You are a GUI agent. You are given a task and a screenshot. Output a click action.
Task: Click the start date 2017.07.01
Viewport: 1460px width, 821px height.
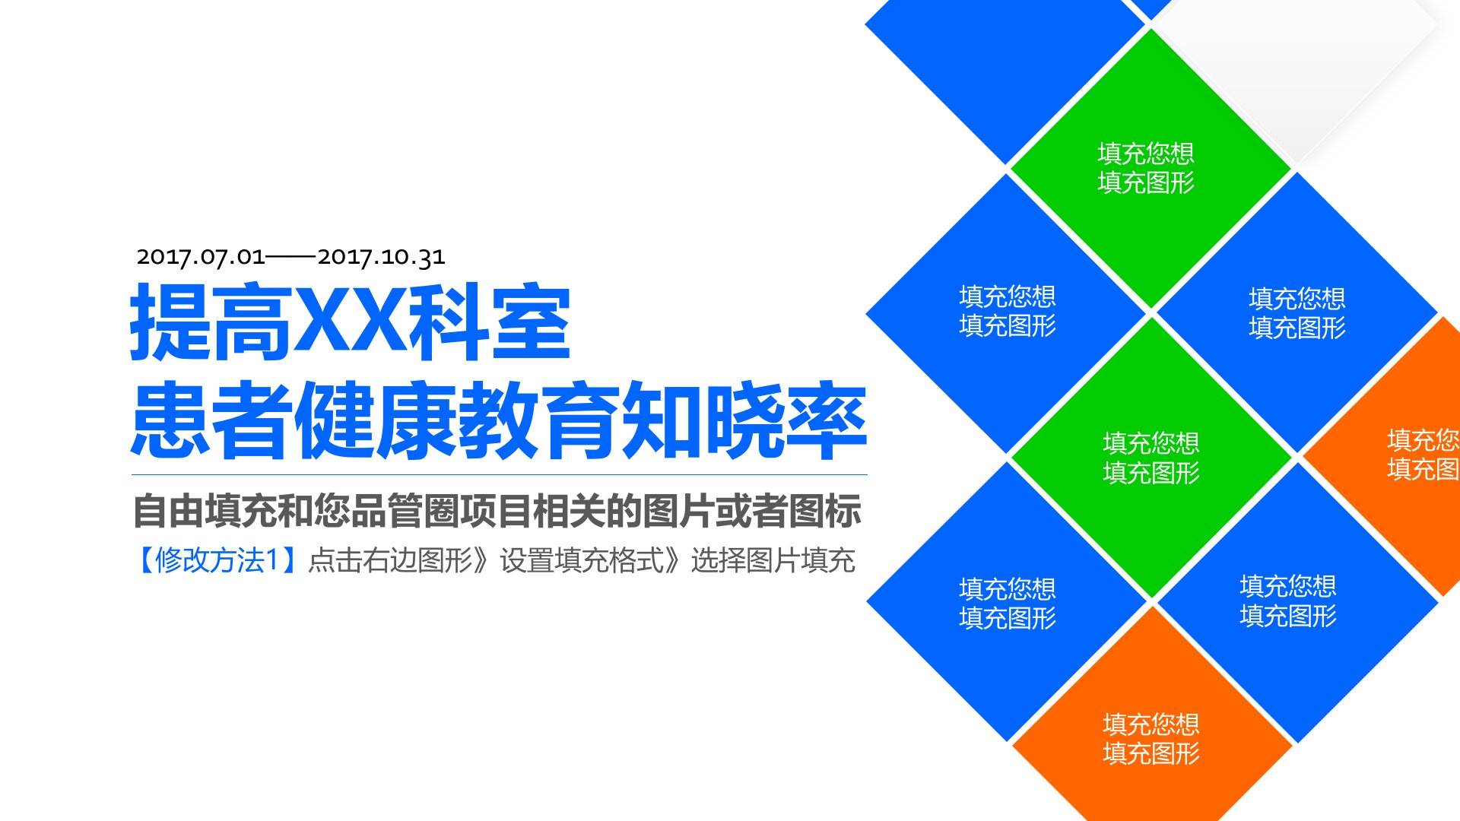click(x=201, y=257)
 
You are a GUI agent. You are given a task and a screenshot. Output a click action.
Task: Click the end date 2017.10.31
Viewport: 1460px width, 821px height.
click(x=381, y=257)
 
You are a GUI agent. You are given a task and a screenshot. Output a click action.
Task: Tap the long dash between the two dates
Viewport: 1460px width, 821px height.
click(x=291, y=258)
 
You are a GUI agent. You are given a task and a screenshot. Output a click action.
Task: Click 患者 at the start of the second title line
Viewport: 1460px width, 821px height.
click(x=212, y=420)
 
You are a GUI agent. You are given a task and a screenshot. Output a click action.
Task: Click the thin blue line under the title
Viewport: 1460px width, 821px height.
click(x=500, y=475)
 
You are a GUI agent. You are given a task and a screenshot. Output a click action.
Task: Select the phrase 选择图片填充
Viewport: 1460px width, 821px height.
click(x=773, y=560)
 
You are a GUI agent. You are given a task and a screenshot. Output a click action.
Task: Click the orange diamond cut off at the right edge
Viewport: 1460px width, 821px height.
click(x=1392, y=456)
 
